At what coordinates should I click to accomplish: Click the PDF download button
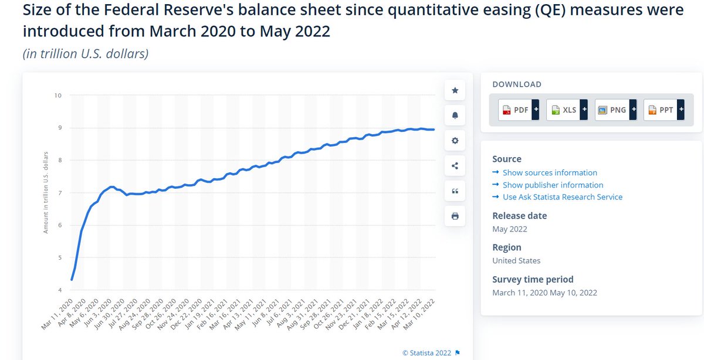coord(518,110)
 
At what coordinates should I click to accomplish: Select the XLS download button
coord(566,110)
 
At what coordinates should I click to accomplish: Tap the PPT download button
coord(663,110)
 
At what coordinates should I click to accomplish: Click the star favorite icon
coord(455,90)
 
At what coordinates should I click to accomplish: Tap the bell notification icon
coord(455,116)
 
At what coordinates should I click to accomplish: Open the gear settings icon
coord(455,141)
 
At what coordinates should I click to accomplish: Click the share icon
coord(455,166)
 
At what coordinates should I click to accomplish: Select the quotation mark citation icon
coord(455,191)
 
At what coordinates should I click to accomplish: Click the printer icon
coord(455,216)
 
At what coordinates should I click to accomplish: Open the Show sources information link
coord(550,172)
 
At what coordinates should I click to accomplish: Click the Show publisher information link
coord(553,185)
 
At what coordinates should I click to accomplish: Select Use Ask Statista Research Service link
coord(562,197)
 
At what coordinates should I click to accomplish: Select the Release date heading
coord(519,216)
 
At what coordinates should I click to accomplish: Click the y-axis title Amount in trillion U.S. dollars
coord(46,192)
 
